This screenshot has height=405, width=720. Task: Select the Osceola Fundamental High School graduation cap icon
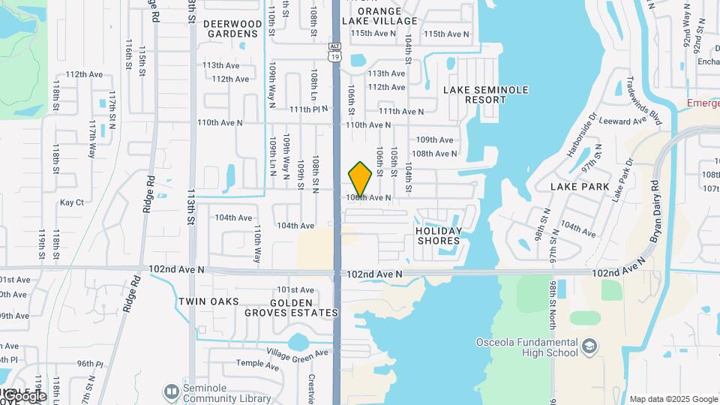pyautogui.click(x=590, y=346)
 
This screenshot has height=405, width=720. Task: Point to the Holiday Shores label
pyautogui.click(x=439, y=235)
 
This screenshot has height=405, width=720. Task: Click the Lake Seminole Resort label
pyautogui.click(x=485, y=94)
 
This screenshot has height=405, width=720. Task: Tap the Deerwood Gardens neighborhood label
pyautogui.click(x=233, y=28)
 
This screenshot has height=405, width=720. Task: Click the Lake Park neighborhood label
pyautogui.click(x=580, y=186)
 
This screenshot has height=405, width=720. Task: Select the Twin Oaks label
pyautogui.click(x=208, y=301)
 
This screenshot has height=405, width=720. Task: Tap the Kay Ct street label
pyautogui.click(x=72, y=202)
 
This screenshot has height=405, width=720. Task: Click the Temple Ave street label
pyautogui.click(x=257, y=364)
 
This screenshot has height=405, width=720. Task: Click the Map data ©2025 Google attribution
pyautogui.click(x=673, y=399)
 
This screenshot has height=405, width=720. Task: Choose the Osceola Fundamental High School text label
pyautogui.click(x=527, y=348)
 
